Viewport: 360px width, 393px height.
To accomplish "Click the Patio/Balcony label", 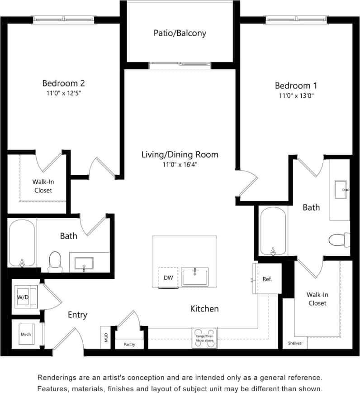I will [x=180, y=33].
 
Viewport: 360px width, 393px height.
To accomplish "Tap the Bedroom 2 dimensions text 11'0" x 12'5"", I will [x=63, y=93].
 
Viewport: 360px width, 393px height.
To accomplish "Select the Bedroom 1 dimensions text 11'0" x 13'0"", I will [x=296, y=96].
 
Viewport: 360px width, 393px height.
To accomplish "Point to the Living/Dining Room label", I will [x=180, y=155].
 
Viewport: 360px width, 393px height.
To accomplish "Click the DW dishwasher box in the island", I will [x=168, y=278].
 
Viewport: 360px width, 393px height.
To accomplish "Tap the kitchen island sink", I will [x=195, y=277].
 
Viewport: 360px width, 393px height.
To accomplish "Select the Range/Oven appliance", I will [x=204, y=338].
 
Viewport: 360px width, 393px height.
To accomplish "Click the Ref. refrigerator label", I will [x=267, y=279].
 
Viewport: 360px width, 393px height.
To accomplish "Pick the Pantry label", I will [x=129, y=345].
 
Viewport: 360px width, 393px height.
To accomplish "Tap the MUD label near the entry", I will [x=105, y=338].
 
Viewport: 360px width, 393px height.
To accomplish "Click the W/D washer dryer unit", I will [x=23, y=297].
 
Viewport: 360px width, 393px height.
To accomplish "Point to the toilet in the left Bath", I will [x=55, y=261].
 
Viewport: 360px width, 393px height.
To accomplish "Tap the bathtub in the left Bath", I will [x=22, y=243].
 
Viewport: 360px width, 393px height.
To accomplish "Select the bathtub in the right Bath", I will [x=273, y=231].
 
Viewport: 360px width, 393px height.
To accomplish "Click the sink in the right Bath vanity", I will [x=341, y=190].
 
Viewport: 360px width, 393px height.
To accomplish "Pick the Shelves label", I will [x=295, y=343].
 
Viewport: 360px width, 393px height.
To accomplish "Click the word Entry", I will [x=77, y=315].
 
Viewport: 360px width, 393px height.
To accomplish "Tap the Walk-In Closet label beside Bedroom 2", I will [x=43, y=186].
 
